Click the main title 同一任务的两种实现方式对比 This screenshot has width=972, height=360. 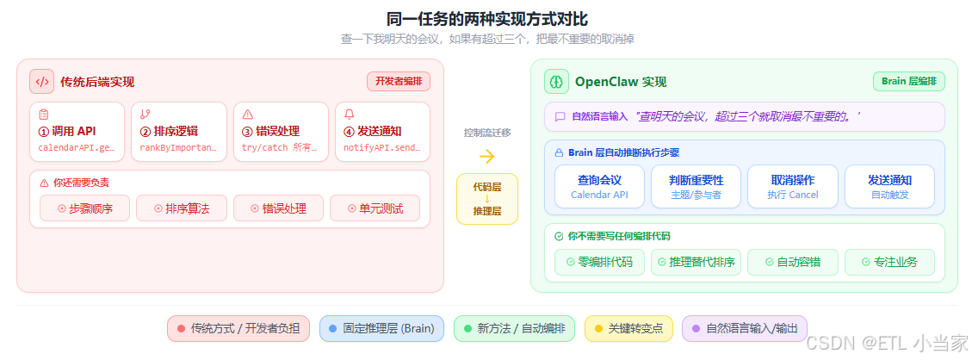point(486,19)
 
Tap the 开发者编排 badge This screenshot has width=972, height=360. point(399,81)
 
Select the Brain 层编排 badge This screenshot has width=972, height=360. point(909,81)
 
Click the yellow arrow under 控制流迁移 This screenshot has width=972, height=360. point(486,156)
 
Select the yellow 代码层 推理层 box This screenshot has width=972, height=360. point(486,199)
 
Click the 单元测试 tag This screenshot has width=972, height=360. point(376,208)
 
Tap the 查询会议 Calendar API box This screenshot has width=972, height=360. point(599,187)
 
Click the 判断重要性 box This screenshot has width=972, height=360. point(696,187)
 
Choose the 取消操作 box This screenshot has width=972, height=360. point(792,187)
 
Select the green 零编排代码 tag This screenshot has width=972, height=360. point(599,262)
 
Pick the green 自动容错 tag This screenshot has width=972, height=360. point(792,262)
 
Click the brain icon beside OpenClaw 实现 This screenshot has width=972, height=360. point(557,82)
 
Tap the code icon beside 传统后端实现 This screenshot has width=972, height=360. point(42,82)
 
